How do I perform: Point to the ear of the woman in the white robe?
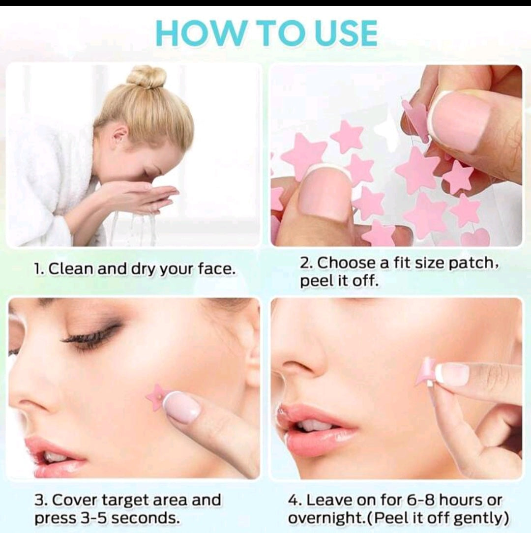pyautogui.click(x=119, y=137)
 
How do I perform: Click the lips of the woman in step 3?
pyautogui.click(x=55, y=455)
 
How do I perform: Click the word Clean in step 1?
pyautogui.click(x=71, y=269)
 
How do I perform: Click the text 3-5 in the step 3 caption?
pyautogui.click(x=94, y=518)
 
